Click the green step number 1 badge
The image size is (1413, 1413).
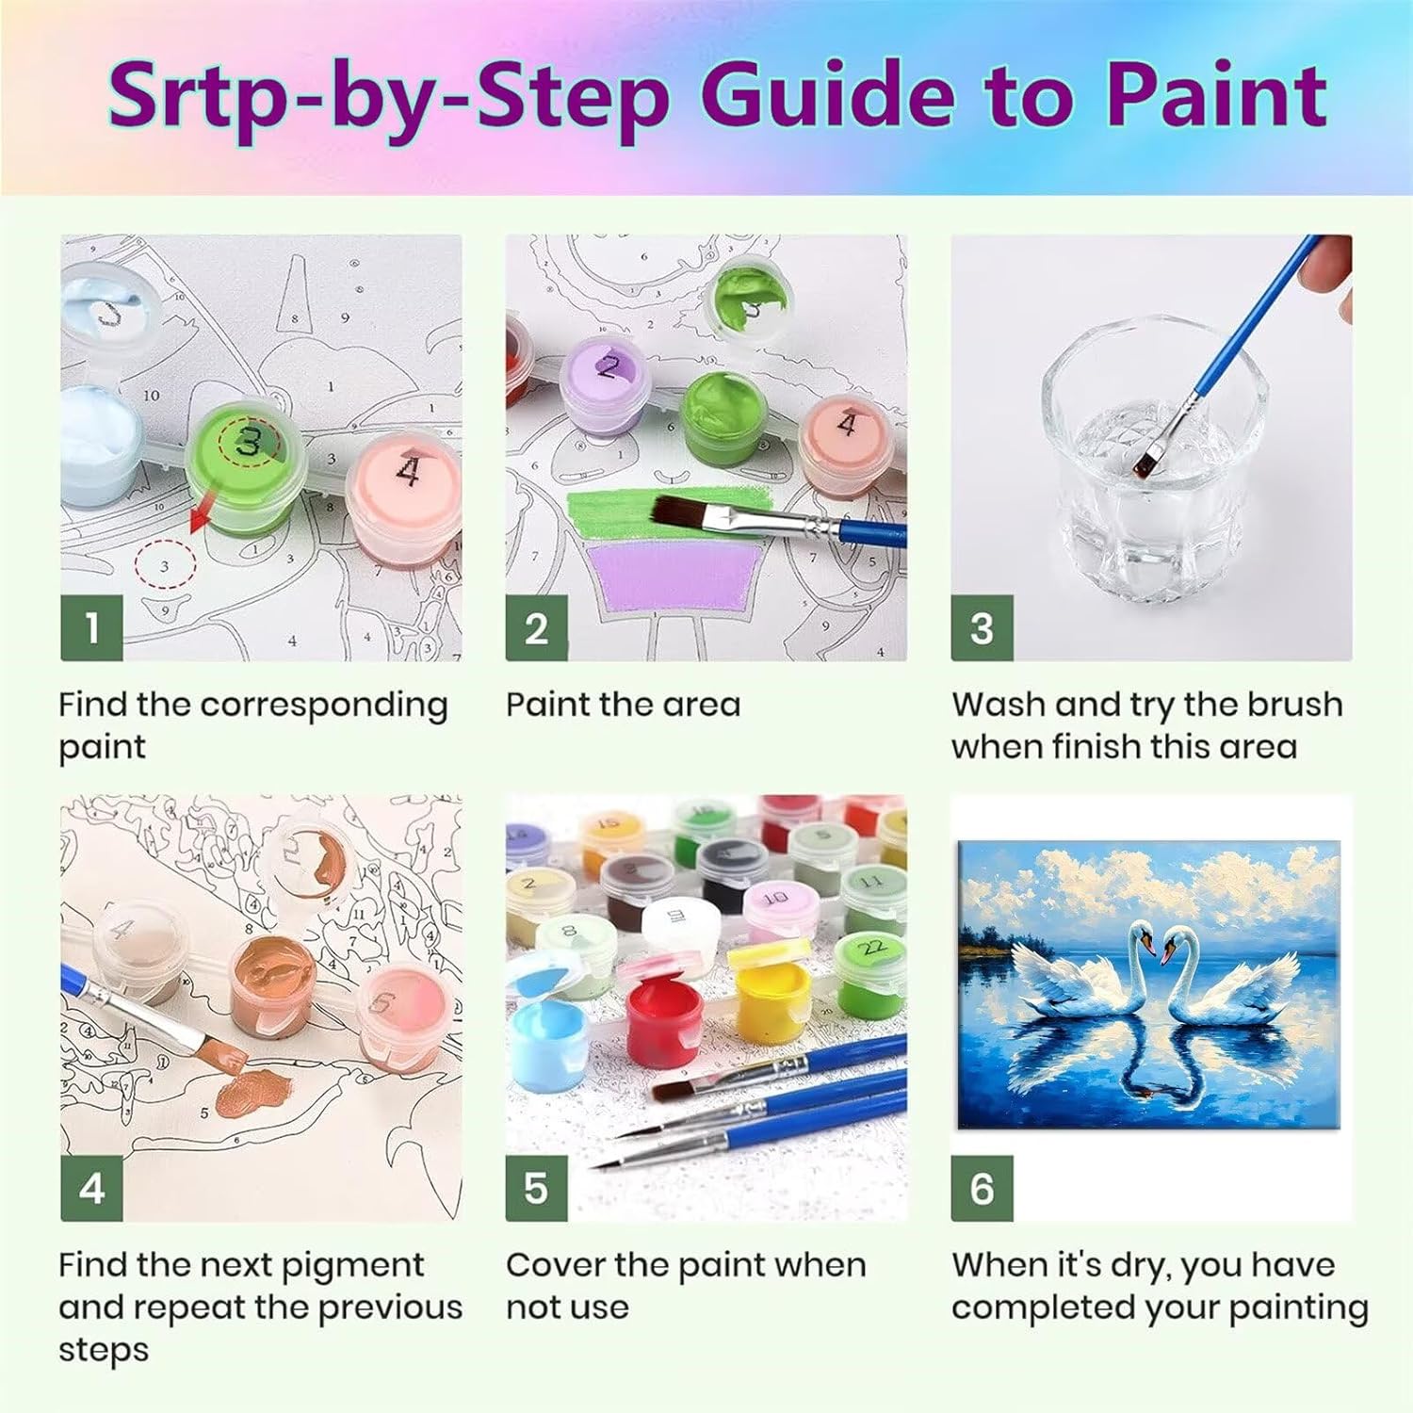pos(91,628)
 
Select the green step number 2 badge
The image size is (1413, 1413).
pos(536,628)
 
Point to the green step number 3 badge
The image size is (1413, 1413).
pos(982,628)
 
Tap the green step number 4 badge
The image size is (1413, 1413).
pos(91,1188)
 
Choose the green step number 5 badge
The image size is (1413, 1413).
pos(536,1188)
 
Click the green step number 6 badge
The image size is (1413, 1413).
pos(982,1188)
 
